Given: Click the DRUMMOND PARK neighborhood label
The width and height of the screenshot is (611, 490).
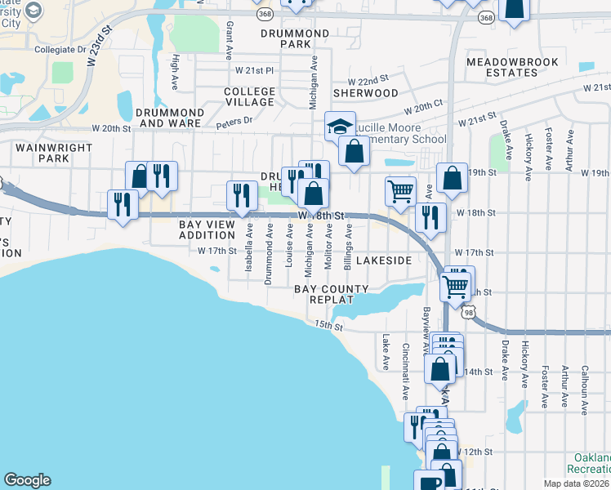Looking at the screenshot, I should (x=295, y=38).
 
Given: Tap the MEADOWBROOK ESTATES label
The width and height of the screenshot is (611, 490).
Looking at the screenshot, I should (x=513, y=67).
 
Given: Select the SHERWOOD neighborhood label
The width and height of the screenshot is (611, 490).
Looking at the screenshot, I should (x=365, y=93).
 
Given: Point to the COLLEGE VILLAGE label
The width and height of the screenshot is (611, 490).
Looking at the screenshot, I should (x=249, y=96).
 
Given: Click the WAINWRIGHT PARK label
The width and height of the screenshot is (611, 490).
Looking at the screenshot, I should (x=42, y=152).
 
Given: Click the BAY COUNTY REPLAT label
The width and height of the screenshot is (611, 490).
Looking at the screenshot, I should (x=332, y=294).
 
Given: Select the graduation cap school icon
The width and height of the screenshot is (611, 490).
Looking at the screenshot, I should (x=340, y=127).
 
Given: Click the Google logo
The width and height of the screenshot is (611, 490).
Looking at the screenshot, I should (x=27, y=480).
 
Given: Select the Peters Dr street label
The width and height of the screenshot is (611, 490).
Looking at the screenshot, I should (x=235, y=123).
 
